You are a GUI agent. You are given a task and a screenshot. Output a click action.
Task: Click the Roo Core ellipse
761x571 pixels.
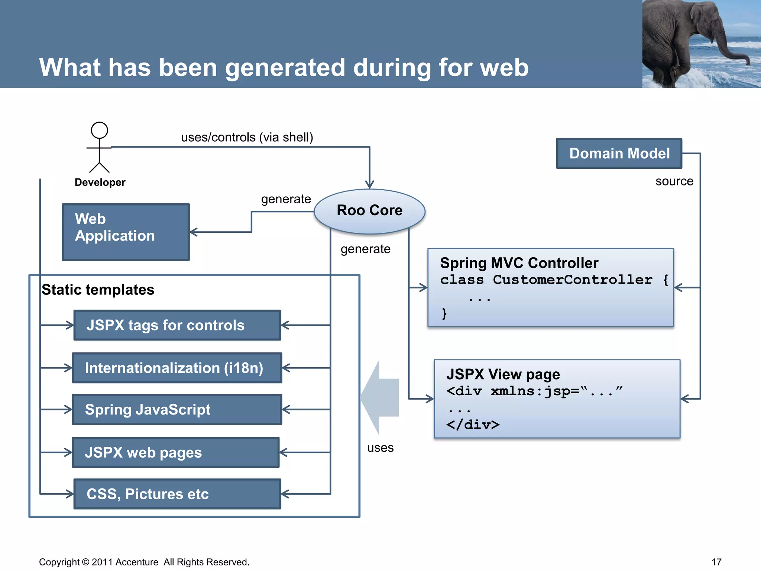[369, 211]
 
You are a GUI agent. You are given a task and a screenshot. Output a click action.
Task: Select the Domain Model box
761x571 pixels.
[619, 153]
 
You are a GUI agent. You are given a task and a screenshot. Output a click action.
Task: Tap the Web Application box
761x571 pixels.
[126, 232]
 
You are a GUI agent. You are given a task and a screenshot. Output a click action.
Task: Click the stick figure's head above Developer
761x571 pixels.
[99, 130]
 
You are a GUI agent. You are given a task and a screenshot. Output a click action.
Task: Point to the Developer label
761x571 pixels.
[100, 182]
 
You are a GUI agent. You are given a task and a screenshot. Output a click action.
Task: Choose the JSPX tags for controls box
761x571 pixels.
[177, 325]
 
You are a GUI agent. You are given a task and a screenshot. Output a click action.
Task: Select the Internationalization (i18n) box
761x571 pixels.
[177, 368]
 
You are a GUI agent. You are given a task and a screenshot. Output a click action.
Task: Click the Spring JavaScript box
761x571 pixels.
[177, 409]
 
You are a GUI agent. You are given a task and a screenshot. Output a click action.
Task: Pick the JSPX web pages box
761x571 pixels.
[175, 452]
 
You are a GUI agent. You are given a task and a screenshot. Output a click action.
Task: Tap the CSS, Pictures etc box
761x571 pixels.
[177, 494]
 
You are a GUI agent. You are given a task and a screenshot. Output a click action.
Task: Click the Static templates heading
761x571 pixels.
[98, 290]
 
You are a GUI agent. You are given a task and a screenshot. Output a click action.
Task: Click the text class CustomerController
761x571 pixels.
[546, 280]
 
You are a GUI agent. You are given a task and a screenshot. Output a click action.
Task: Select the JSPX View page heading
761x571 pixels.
[503, 374]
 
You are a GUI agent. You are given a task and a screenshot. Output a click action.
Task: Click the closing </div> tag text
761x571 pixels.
[473, 425]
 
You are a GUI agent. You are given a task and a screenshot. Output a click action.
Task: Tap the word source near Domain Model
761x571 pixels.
[674, 181]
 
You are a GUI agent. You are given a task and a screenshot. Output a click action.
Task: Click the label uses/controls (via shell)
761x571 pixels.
[247, 137]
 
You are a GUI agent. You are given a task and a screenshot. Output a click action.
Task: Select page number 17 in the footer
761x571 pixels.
[716, 562]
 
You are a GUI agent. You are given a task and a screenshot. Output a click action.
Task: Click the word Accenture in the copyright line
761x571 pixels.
[137, 562]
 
